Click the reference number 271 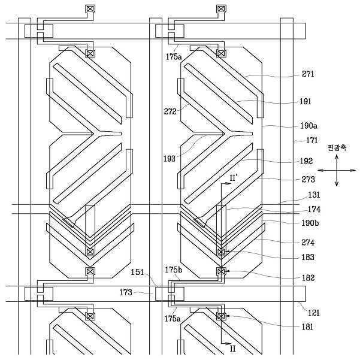308,74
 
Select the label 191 305,101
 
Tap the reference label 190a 309,126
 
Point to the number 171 312,140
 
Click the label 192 306,161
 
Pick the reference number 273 308,179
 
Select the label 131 314,195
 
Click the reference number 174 314,209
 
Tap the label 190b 310,223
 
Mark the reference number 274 308,243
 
